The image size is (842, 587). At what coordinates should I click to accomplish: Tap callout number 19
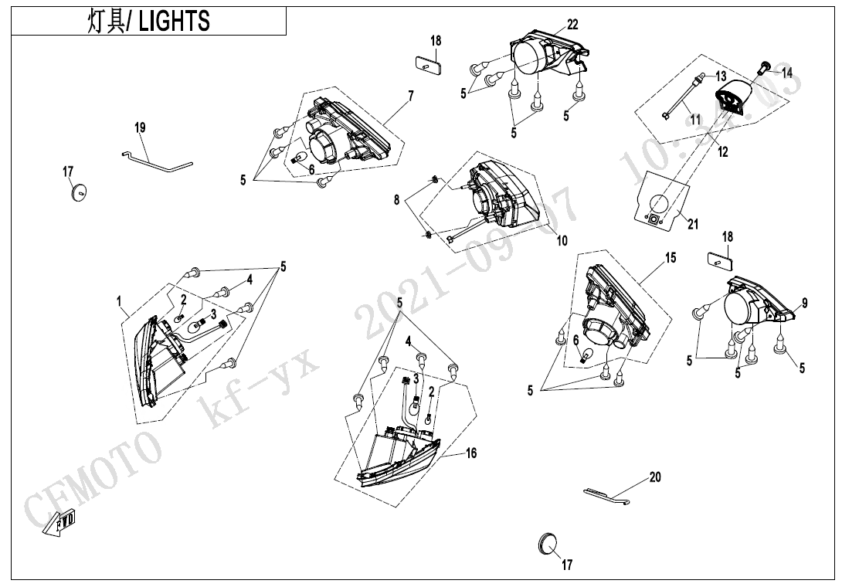139,127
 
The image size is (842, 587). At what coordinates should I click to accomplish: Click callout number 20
655,477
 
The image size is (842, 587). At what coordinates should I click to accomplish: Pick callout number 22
572,25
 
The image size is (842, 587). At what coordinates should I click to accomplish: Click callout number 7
410,96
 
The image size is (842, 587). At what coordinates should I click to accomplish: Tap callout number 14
786,73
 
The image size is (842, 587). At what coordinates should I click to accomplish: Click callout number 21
693,225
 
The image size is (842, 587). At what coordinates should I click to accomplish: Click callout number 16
470,453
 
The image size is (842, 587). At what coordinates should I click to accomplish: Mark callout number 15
670,258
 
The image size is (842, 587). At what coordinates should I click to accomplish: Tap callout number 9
804,304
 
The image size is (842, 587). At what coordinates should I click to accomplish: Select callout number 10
562,241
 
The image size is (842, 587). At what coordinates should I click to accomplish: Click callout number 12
722,153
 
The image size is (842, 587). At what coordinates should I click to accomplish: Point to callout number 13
721,76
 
